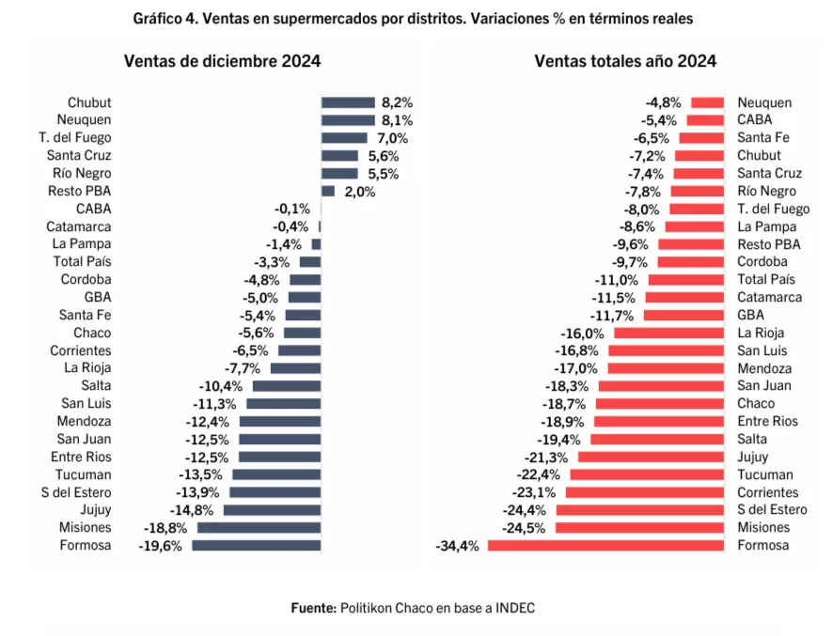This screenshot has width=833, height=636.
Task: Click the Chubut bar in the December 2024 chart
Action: (x=348, y=102)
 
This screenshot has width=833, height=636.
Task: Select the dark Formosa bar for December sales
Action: (x=257, y=545)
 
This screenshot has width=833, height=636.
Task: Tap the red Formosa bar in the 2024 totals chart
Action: (x=605, y=545)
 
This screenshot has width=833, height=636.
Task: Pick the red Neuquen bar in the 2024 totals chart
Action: (x=707, y=102)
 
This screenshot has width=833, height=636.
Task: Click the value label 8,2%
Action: (x=398, y=102)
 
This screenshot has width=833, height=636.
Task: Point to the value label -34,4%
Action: (x=458, y=545)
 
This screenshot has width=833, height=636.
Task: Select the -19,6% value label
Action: (x=161, y=545)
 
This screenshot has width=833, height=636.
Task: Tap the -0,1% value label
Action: (x=291, y=209)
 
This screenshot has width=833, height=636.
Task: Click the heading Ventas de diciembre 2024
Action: (x=223, y=62)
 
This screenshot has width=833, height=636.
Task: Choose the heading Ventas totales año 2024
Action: (x=625, y=62)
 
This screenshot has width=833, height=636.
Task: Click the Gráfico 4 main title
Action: (x=416, y=19)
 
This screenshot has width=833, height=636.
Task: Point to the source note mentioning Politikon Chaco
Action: (x=412, y=608)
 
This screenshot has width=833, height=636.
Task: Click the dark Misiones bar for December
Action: (x=259, y=527)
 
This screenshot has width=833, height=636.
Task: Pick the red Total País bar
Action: (x=685, y=279)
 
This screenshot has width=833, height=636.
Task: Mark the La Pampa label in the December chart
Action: (x=82, y=244)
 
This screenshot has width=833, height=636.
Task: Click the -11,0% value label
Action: (x=617, y=279)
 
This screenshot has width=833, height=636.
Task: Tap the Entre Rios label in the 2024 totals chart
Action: (x=767, y=421)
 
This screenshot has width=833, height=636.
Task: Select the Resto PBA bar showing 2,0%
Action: (x=328, y=191)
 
